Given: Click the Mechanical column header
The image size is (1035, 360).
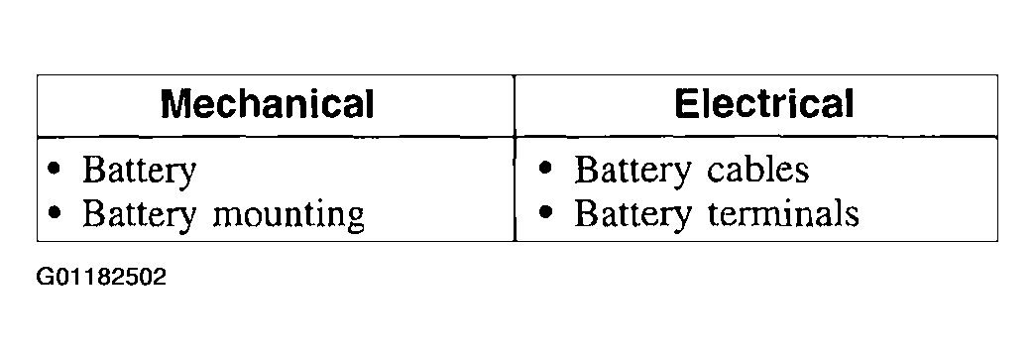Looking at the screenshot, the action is click(x=267, y=104).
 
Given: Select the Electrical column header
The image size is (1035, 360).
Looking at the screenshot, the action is click(x=763, y=104).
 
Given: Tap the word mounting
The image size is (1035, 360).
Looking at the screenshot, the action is click(x=287, y=215).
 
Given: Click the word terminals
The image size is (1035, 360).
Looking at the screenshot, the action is click(x=783, y=212).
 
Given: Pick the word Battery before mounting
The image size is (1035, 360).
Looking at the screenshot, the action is click(x=139, y=215).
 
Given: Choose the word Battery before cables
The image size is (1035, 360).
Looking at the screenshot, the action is click(x=632, y=172).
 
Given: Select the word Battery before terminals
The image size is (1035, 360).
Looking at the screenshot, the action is click(x=632, y=214).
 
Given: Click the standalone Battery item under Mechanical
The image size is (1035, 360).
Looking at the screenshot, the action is click(x=139, y=172).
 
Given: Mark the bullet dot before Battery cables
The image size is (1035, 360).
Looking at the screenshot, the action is click(x=545, y=169).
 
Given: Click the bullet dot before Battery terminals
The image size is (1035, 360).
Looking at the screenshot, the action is click(x=545, y=212).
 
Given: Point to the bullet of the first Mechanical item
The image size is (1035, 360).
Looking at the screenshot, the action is click(x=56, y=170).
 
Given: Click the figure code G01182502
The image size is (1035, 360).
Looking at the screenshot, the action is click(x=102, y=277).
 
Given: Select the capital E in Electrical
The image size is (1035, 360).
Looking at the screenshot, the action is click(x=686, y=104).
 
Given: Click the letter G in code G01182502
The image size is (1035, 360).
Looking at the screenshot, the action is click(x=45, y=277).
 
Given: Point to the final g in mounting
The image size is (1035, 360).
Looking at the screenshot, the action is click(x=355, y=218).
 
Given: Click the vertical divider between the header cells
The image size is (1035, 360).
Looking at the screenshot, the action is click(x=515, y=106).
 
